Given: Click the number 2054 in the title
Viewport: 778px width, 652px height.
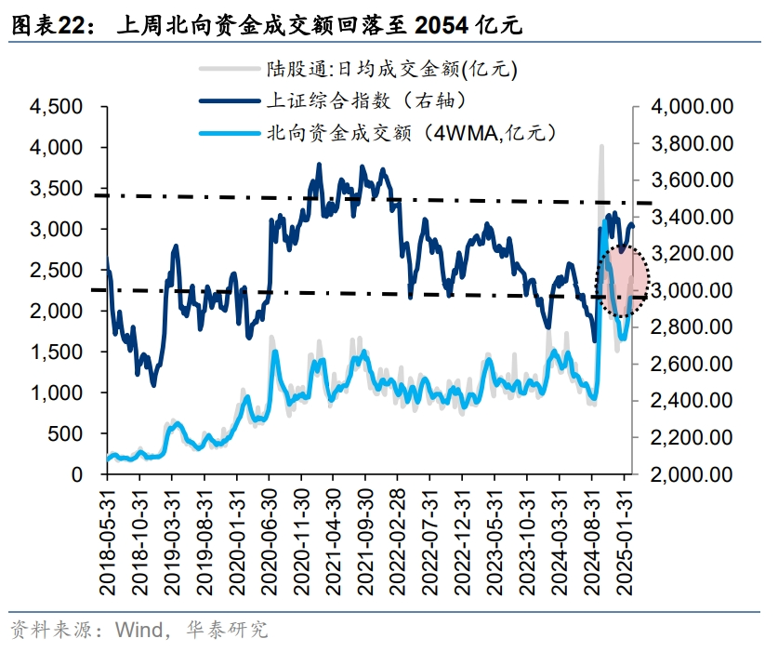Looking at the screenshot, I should coord(442,25).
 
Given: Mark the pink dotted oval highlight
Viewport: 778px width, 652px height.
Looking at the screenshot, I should coord(621,280).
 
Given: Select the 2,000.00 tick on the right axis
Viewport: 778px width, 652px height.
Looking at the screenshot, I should coord(692,474).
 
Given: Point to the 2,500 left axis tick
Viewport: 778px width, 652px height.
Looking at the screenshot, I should coord(58,270).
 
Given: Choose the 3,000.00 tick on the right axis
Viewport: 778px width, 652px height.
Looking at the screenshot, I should coord(692,290).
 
